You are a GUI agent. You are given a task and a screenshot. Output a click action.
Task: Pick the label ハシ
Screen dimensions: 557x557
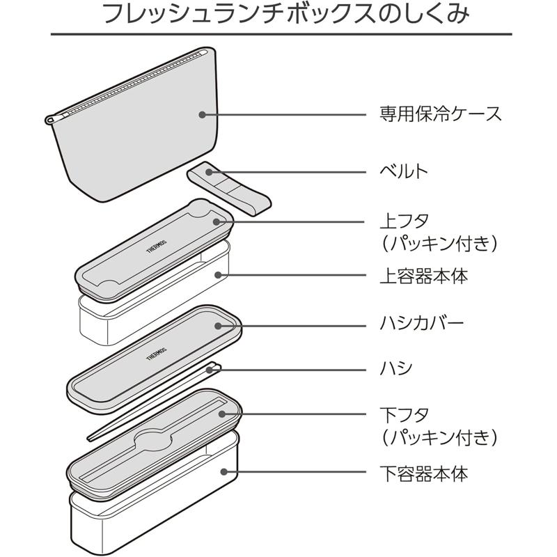click(x=395, y=369)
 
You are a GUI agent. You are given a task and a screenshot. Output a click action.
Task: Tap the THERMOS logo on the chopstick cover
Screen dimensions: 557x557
click(x=157, y=353)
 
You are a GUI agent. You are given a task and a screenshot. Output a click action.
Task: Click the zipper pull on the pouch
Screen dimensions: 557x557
click(x=49, y=120)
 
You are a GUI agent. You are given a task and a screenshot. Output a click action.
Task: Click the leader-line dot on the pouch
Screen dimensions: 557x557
click(x=202, y=114)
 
